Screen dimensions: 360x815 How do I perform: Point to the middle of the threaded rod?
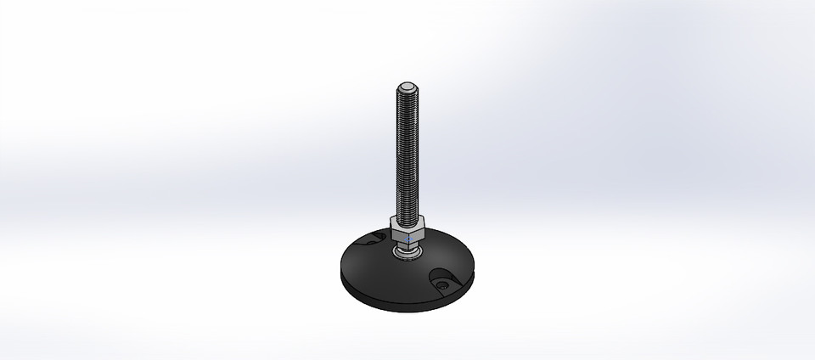point(407,153)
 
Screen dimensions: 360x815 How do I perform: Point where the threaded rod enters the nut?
point(407,218)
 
